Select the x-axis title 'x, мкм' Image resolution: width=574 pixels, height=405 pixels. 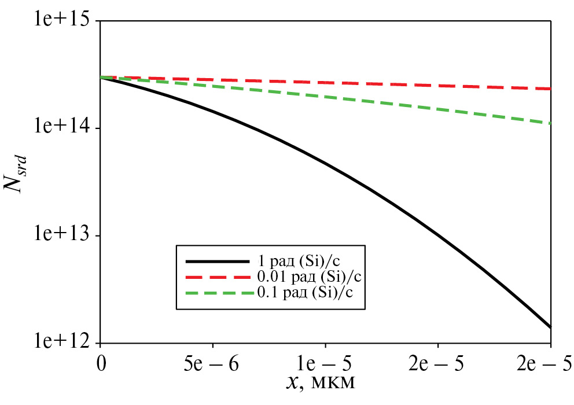[x=325, y=383]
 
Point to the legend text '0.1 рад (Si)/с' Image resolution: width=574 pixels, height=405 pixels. [x=306, y=290]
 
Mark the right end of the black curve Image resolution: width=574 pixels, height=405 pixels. [x=550, y=327]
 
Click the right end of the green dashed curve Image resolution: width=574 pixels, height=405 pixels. [x=550, y=123]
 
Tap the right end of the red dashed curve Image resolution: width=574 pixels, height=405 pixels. [x=550, y=89]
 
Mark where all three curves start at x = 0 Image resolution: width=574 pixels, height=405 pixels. [x=101, y=77]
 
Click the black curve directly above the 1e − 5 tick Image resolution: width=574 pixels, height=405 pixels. [x=325, y=165]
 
